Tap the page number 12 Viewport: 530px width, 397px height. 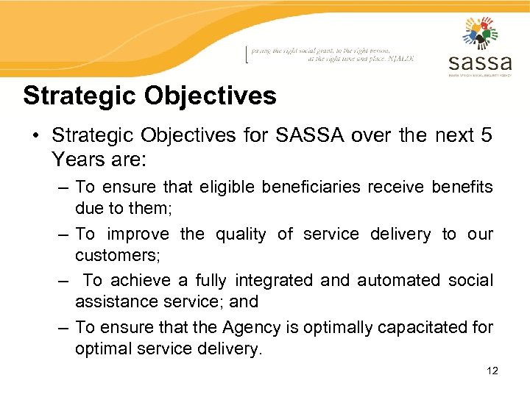[492, 371]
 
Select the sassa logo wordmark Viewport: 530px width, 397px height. [479, 61]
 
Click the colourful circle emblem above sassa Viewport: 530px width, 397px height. [480, 33]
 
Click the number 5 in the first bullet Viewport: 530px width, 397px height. [487, 135]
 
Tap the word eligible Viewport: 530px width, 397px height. [220, 187]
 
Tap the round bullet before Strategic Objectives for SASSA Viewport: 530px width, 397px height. [34, 136]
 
